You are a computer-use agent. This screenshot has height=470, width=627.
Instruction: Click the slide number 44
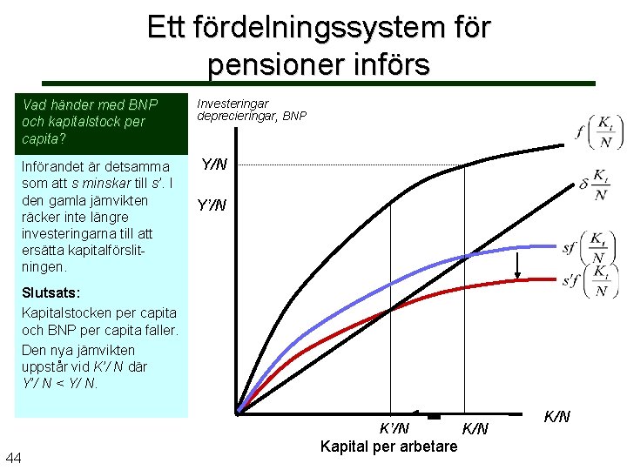(14, 458)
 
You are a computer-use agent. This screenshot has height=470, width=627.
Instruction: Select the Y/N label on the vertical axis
(214, 164)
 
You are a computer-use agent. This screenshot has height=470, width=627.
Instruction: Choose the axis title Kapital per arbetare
(388, 446)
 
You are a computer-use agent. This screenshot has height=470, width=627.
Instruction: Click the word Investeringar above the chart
(233, 104)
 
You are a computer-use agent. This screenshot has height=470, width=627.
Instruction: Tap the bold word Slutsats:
(51, 294)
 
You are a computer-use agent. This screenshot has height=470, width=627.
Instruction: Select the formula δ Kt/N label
(594, 185)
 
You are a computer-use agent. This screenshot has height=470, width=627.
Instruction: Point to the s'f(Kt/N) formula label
(587, 283)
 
